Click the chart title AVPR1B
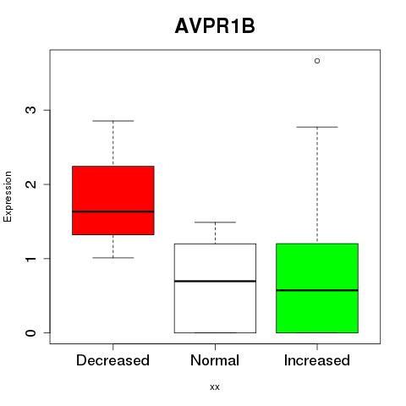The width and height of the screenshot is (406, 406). tap(215, 26)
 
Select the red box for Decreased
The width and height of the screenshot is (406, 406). tap(113, 200)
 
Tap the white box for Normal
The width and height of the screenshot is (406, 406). tap(215, 288)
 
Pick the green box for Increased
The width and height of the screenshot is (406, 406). tap(317, 288)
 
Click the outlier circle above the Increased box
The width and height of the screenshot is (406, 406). tap(317, 61)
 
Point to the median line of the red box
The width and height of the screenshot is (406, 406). tap(113, 211)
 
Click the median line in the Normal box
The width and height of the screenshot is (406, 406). tap(215, 281)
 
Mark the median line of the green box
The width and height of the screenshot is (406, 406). tap(317, 290)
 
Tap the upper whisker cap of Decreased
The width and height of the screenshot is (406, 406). tap(113, 121)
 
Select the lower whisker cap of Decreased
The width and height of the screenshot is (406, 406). tap(113, 258)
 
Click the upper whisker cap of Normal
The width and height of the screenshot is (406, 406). tap(215, 222)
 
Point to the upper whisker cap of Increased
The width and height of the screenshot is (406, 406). tap(317, 127)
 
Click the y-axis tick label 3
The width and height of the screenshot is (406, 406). tap(31, 110)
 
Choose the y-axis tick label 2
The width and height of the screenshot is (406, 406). tap(31, 184)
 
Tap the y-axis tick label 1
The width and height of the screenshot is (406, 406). tap(31, 259)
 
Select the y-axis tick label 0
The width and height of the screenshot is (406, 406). tap(31, 332)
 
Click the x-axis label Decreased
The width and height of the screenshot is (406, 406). tap(112, 360)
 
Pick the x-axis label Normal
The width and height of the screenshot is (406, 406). tap(215, 360)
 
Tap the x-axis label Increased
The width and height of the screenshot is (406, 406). tap(317, 360)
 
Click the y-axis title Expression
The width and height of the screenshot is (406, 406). tap(8, 196)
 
